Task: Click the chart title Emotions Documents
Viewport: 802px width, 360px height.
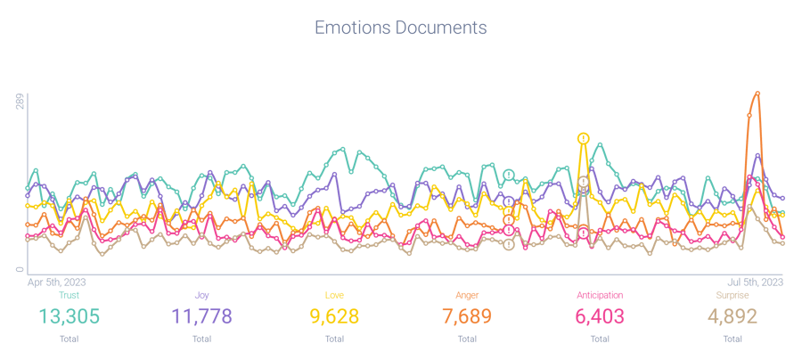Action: pyautogui.click(x=400, y=28)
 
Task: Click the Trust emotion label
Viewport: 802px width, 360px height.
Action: pyautogui.click(x=69, y=294)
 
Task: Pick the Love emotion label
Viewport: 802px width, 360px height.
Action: pyautogui.click(x=334, y=294)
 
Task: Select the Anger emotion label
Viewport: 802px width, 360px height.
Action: pyautogui.click(x=466, y=294)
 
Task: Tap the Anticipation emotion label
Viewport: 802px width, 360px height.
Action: pyautogui.click(x=599, y=294)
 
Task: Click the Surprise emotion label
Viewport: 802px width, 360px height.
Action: pyautogui.click(x=732, y=294)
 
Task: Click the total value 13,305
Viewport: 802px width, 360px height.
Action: pyautogui.click(x=69, y=315)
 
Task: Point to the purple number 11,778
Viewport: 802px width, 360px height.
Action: pyautogui.click(x=201, y=315)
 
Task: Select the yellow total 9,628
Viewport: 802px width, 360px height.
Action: pyautogui.click(x=334, y=315)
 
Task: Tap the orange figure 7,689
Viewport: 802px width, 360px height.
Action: pyautogui.click(x=466, y=315)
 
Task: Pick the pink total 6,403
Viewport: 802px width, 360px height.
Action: pyautogui.click(x=599, y=315)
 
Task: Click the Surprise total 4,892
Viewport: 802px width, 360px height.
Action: pyautogui.click(x=732, y=315)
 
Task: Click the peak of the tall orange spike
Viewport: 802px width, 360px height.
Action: pyautogui.click(x=757, y=93)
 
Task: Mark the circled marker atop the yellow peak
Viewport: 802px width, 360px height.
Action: pyautogui.click(x=584, y=138)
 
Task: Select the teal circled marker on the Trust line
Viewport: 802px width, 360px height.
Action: pyautogui.click(x=509, y=175)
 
